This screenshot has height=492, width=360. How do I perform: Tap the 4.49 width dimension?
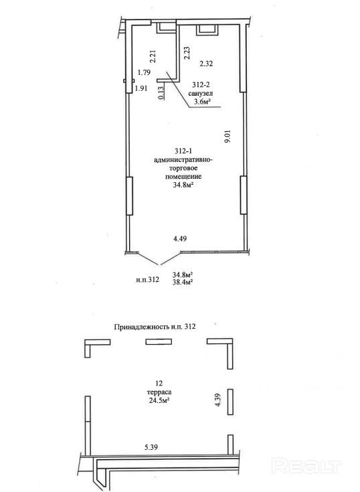(180, 239)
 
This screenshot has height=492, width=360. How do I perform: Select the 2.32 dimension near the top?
(206, 64)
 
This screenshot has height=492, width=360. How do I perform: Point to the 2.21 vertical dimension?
(153, 56)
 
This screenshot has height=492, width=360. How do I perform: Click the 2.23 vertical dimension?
(187, 53)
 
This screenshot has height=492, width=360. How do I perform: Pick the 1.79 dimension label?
(145, 72)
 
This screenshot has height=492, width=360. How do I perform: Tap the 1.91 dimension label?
(141, 88)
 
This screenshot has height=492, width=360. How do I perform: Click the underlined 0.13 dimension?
(161, 93)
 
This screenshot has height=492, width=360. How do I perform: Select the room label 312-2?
(201, 85)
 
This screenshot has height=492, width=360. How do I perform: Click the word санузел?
(201, 93)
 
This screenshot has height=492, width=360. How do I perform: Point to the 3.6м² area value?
(201, 101)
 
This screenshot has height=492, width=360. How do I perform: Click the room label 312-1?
(183, 151)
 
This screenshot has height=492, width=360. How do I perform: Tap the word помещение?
(183, 177)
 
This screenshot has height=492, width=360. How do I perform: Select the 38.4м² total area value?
(183, 282)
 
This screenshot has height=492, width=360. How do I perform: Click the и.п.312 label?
(148, 279)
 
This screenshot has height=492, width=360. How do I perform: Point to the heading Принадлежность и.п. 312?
(155, 327)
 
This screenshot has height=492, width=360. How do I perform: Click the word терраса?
(159, 392)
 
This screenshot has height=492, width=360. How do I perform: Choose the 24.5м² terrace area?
(159, 400)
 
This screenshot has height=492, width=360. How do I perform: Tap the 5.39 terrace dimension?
(151, 447)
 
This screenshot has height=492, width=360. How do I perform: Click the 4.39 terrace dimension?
(219, 400)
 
